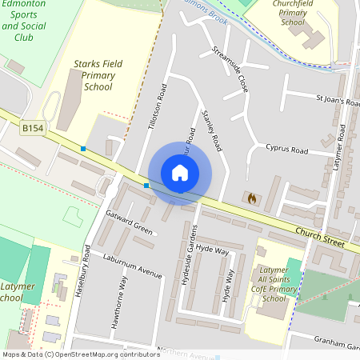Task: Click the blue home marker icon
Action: (x=180, y=173)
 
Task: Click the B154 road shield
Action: (x=33, y=128)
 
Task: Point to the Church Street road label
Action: (x=322, y=236)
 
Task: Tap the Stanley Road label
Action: (x=212, y=129)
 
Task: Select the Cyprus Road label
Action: (x=287, y=150)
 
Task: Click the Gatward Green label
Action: (x=129, y=222)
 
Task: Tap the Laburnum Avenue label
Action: (x=132, y=266)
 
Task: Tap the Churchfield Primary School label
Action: (x=293, y=13)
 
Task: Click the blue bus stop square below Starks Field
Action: (x=83, y=148)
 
